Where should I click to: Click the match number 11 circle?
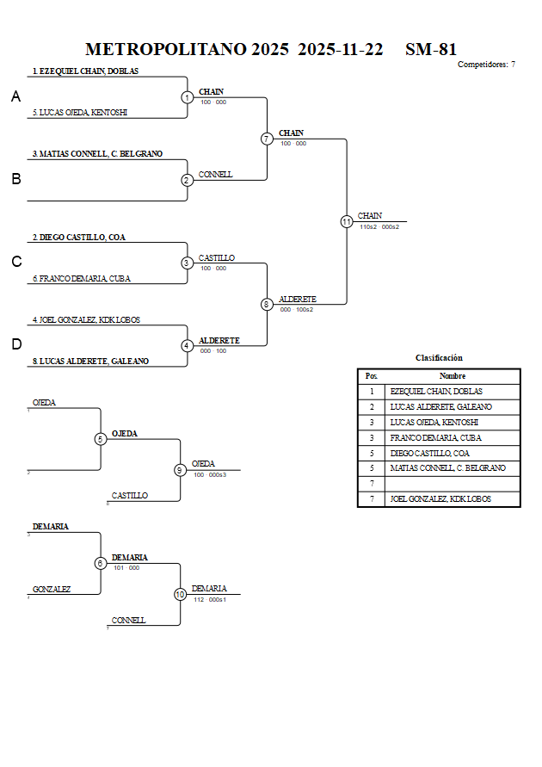(x=347, y=221)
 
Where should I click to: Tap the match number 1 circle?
(x=188, y=97)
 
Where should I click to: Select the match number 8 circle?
(x=267, y=304)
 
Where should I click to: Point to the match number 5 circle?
(x=101, y=439)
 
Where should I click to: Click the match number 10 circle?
(x=181, y=594)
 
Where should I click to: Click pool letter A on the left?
(x=15, y=97)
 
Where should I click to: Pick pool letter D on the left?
(x=15, y=344)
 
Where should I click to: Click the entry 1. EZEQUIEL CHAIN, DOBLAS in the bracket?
(x=85, y=71)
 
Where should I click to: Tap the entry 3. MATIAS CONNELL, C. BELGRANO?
(x=97, y=154)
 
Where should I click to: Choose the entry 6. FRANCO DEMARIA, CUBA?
(x=81, y=279)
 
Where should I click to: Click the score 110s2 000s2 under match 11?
(x=379, y=226)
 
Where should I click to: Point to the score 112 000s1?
(x=210, y=599)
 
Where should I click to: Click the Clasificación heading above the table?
(x=439, y=357)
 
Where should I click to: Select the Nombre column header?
(x=453, y=376)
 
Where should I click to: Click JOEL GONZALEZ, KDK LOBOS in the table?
(x=440, y=499)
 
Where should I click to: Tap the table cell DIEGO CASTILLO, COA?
(x=431, y=453)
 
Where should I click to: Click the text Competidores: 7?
(x=486, y=65)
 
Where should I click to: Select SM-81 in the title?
(x=431, y=49)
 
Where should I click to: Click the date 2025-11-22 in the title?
(x=341, y=49)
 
